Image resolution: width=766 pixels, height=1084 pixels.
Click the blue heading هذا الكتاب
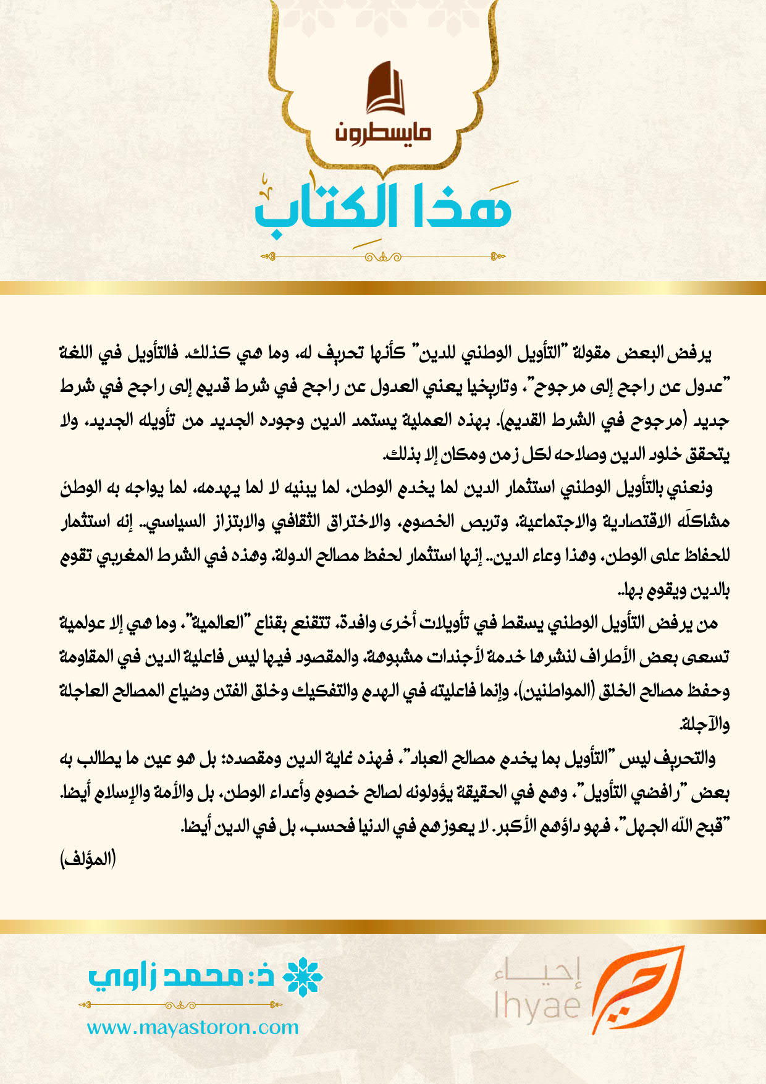click(x=383, y=207)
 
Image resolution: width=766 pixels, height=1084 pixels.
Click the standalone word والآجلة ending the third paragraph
click(x=705, y=724)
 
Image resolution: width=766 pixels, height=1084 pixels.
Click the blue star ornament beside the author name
click(x=303, y=977)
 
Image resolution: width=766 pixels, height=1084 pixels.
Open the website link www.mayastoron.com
click(x=193, y=1028)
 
